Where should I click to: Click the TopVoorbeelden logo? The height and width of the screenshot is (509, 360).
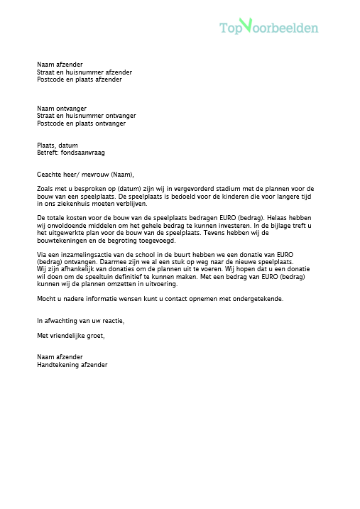click(268, 27)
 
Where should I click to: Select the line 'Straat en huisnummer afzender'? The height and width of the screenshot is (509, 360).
click(84, 72)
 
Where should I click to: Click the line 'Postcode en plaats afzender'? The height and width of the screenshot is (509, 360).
click(79, 80)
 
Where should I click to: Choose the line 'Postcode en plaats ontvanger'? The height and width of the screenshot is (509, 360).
click(81, 124)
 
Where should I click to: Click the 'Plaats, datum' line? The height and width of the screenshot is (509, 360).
click(58, 145)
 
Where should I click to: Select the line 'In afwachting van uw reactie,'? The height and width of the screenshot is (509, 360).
click(80, 321)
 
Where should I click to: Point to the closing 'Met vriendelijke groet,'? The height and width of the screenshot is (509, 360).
click(71, 335)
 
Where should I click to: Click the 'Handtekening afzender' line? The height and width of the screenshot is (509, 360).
click(72, 365)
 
